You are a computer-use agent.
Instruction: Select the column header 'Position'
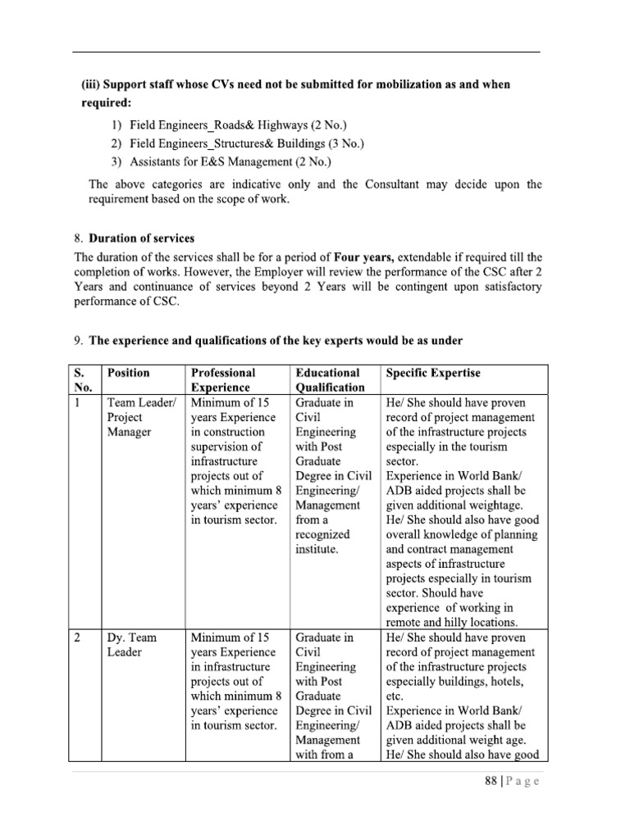[x=128, y=373]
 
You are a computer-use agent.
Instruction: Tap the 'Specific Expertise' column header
[x=432, y=373]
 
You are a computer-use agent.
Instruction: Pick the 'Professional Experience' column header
[x=223, y=380]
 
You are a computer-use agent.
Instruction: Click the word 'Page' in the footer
[x=523, y=782]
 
